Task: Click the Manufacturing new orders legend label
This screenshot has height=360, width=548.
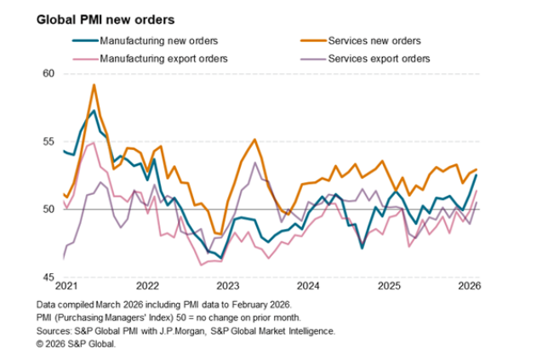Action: tap(147, 41)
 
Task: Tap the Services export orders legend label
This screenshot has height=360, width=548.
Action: tap(378, 59)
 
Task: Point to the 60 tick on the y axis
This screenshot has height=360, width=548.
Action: tap(48, 74)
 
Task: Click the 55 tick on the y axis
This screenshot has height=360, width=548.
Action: tap(48, 141)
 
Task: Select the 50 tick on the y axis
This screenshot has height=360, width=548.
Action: tap(48, 209)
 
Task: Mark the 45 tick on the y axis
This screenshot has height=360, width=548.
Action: tap(48, 277)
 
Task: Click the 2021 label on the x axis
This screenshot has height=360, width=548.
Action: tap(66, 285)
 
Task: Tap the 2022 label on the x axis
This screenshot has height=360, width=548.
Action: tap(147, 285)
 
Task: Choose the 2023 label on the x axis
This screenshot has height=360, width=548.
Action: tap(228, 285)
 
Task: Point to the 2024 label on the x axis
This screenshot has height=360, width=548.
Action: tap(309, 285)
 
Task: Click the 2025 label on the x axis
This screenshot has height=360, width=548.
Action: tap(390, 285)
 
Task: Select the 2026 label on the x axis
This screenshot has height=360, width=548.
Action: tap(471, 285)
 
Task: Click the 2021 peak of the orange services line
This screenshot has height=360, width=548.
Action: tap(94, 84)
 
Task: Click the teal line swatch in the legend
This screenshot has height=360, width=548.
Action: tap(83, 41)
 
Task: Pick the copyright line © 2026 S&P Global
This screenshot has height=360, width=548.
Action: tap(77, 343)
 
